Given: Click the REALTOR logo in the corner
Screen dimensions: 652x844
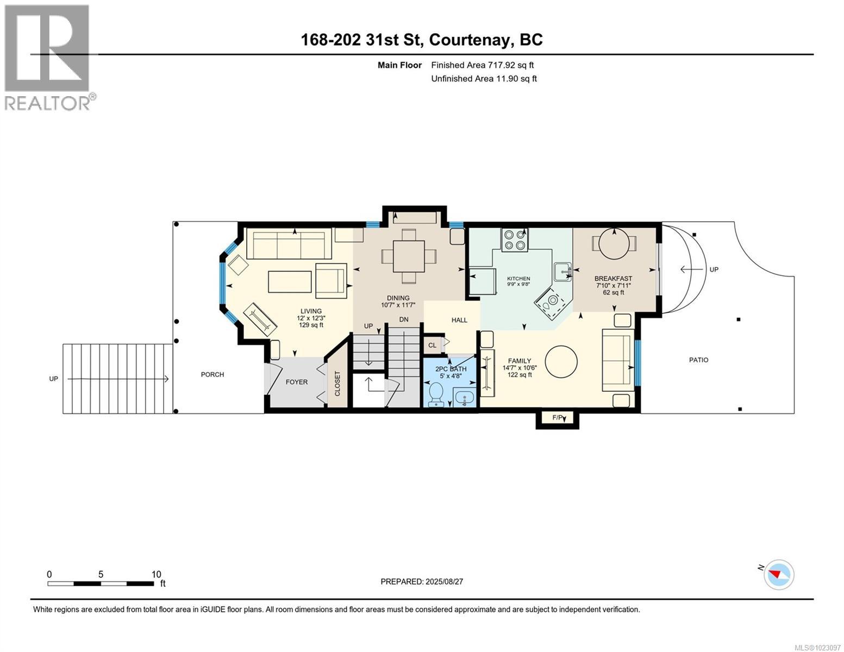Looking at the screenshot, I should pos(49,57).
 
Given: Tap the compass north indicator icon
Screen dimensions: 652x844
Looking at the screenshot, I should pos(778,574).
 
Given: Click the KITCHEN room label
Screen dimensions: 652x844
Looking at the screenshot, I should pos(518,279).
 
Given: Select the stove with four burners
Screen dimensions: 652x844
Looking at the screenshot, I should pos(514,240).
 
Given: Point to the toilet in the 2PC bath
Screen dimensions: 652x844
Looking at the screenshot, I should pos(436,394).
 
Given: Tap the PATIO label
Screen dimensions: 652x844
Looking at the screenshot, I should pos(698,360).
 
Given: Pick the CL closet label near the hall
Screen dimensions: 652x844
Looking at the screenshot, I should pos(432,345).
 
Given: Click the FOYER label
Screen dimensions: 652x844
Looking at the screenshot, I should pos(297,382).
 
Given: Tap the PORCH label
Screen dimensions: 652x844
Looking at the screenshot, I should pos(212,374).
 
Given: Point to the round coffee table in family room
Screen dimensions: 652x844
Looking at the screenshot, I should pos(561,361).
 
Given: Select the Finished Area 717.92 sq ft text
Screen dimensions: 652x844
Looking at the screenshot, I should pos(482,65).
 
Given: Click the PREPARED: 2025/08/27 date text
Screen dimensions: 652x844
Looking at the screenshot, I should pos(422,581).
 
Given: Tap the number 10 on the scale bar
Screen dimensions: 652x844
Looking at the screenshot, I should pos(157,574).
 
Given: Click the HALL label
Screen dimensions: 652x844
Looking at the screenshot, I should pos(459,320).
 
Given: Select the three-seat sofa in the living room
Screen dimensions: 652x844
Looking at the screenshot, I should pos(289,244).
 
